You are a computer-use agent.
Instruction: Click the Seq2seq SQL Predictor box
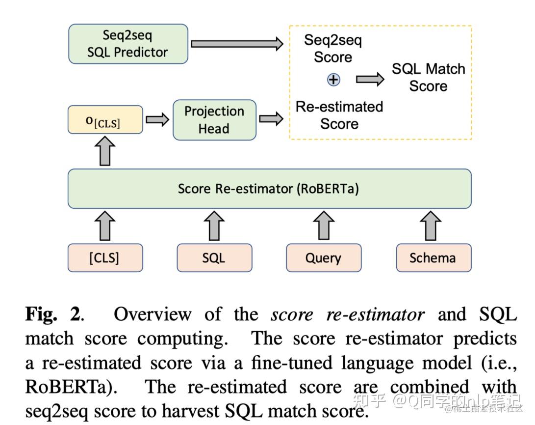pos(128,44)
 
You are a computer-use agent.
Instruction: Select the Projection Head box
pos(214,120)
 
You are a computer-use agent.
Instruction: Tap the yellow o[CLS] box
pos(105,120)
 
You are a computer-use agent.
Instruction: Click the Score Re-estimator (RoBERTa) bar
pos(269,189)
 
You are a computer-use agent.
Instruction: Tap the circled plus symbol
pos(333,80)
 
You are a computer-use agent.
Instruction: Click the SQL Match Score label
pos(428,77)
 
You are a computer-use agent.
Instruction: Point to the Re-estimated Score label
pos(339,115)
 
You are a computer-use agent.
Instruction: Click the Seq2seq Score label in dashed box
pos(333,48)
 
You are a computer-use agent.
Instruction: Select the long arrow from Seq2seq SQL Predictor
pos(237,44)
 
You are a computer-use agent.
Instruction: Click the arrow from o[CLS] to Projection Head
pos(157,120)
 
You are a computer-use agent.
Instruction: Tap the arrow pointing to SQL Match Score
pos(369,80)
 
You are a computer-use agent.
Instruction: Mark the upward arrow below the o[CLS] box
pos(105,150)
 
